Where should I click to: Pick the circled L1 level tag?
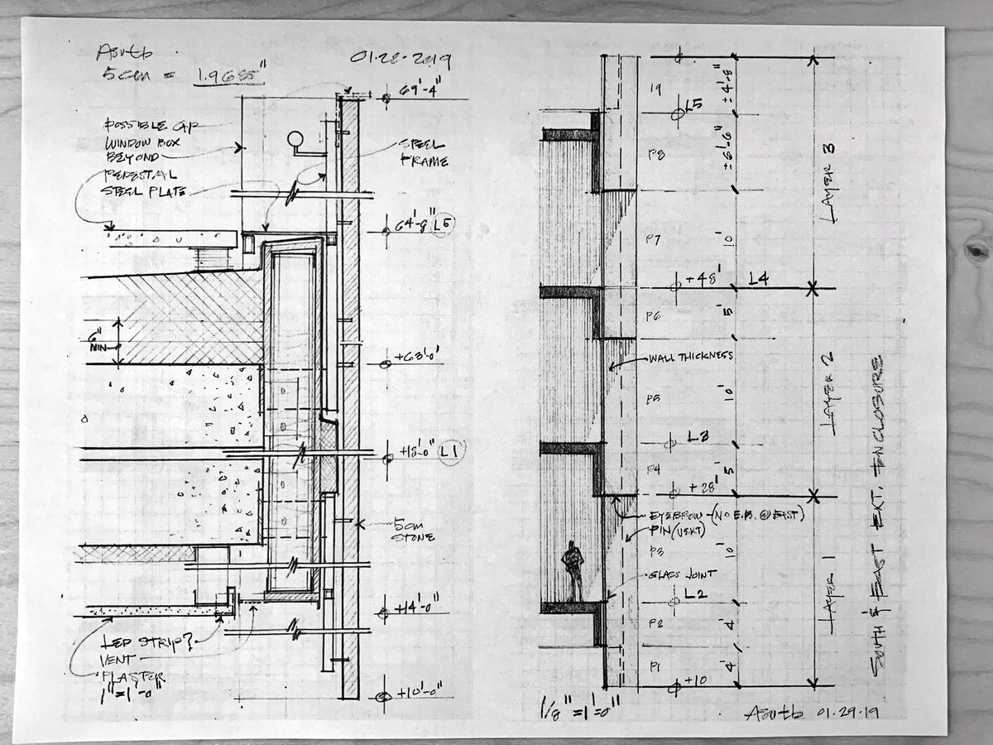click(452, 451)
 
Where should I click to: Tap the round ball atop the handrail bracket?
click(295, 139)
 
